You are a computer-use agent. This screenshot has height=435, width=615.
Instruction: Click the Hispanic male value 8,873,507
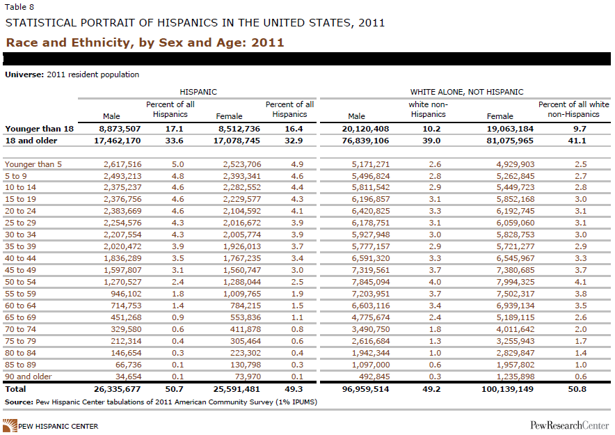click(x=118, y=129)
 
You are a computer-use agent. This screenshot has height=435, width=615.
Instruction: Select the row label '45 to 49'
click(x=20, y=270)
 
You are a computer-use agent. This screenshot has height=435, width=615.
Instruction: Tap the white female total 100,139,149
click(x=508, y=389)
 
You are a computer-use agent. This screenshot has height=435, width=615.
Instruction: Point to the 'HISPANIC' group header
click(x=198, y=92)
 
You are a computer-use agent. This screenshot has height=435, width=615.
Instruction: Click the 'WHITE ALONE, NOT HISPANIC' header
click(x=467, y=92)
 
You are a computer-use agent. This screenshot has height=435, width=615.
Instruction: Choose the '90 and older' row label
click(x=29, y=377)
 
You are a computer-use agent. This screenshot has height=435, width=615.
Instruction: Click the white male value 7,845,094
click(x=371, y=282)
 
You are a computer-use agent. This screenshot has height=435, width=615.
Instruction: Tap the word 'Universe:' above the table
click(x=24, y=74)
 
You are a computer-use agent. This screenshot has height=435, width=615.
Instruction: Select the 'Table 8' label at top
click(x=19, y=7)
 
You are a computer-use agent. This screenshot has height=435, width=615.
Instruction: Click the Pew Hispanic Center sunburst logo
click(x=10, y=425)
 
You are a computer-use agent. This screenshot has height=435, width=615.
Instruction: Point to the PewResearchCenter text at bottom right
click(x=570, y=425)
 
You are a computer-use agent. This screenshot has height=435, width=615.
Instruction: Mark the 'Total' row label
click(x=15, y=389)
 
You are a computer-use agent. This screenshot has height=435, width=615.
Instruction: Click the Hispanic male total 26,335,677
click(x=118, y=389)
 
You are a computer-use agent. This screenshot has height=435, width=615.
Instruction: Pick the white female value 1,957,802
click(x=516, y=365)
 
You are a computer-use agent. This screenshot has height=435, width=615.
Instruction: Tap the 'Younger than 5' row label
click(x=33, y=164)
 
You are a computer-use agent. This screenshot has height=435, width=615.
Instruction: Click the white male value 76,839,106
click(x=365, y=141)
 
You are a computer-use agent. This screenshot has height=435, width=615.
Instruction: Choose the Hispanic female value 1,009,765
click(x=241, y=294)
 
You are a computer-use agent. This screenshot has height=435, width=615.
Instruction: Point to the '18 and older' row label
click(x=31, y=141)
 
